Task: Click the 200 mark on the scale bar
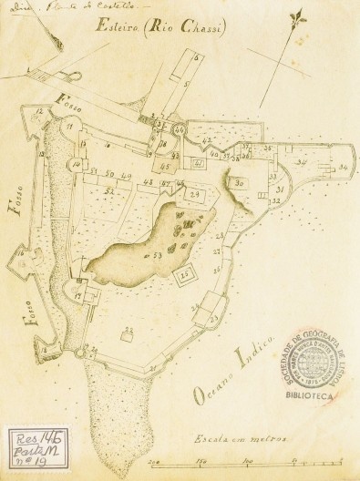tap(156, 461)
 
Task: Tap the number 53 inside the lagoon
tap(158, 254)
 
